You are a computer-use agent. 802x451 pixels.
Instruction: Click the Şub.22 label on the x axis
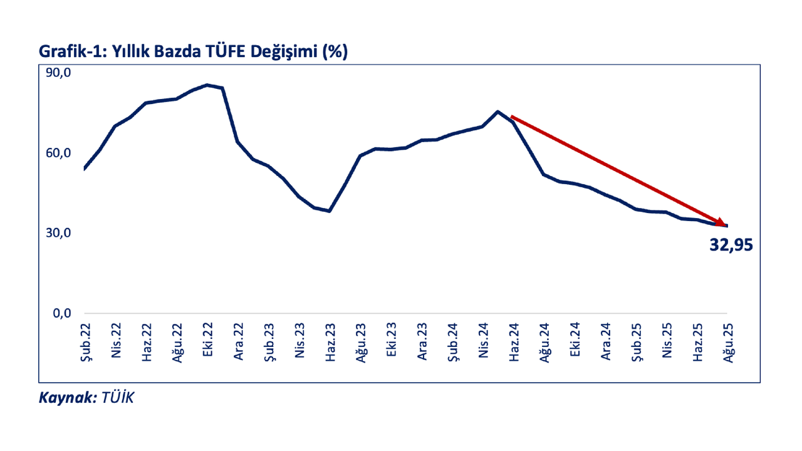point(85,341)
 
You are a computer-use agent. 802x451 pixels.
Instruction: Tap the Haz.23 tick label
point(329,341)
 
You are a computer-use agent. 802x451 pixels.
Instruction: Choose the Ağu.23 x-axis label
point(360,341)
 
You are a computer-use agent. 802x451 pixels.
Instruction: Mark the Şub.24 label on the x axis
point(452,341)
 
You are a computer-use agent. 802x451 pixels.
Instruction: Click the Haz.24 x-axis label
point(513,341)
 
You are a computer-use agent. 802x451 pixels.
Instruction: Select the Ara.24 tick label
point(605,341)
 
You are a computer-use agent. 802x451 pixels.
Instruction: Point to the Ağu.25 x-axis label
point(728,341)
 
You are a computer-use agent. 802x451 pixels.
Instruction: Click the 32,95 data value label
point(731,245)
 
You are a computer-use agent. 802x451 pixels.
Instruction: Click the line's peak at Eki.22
point(207,85)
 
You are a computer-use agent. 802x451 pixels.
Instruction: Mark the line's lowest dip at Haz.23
point(330,211)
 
